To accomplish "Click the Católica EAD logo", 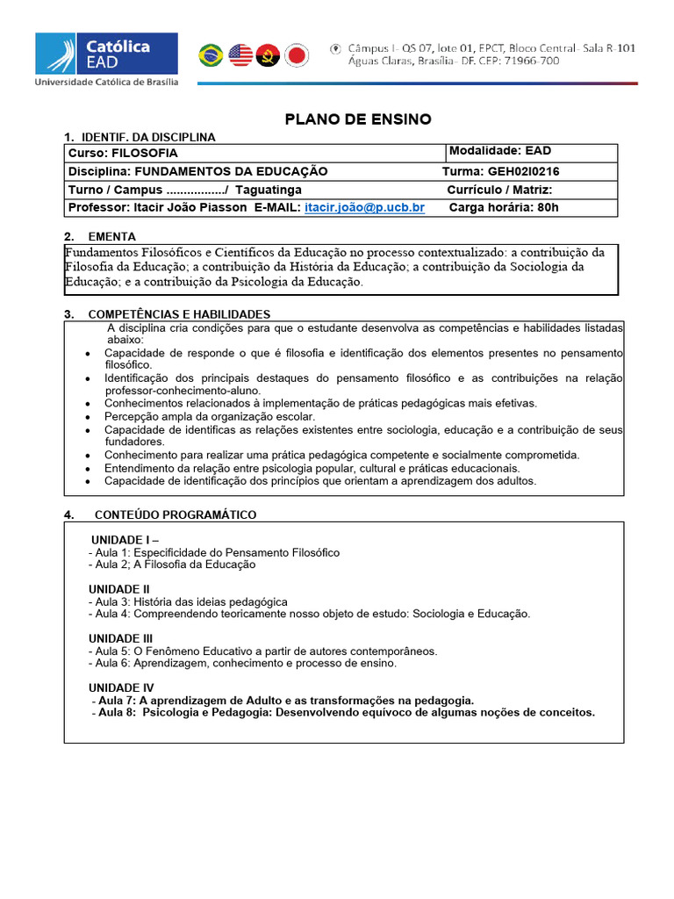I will pyautogui.click(x=105, y=59).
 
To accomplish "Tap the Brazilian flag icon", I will pyautogui.click(x=211, y=55).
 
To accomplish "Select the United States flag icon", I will pyautogui.click(x=240, y=55).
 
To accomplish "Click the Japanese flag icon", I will pyautogui.click(x=298, y=55).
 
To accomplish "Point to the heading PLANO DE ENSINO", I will pyautogui.click(x=358, y=119).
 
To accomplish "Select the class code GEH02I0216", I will pyautogui.click(x=524, y=171).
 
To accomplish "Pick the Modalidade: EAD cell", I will pyautogui.click(x=500, y=151).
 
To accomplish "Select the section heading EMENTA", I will pyautogui.click(x=111, y=237).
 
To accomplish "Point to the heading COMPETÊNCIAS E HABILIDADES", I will pyautogui.click(x=179, y=314).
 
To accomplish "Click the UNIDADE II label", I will pyautogui.click(x=119, y=589).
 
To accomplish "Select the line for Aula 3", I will pyautogui.click(x=189, y=602).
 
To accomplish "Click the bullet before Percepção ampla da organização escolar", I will pyautogui.click(x=89, y=417).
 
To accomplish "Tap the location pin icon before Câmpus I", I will pyautogui.click(x=336, y=47).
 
